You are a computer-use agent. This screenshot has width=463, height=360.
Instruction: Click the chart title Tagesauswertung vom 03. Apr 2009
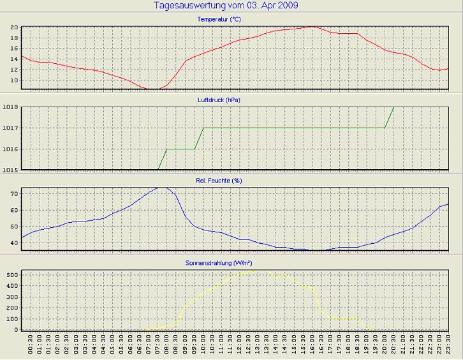pos(226,6)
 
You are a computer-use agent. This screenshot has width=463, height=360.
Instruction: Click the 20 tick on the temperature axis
pos(13,27)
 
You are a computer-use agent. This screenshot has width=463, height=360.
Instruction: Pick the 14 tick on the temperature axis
pos(13,59)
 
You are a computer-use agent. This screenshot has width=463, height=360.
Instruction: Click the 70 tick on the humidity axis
pos(13,193)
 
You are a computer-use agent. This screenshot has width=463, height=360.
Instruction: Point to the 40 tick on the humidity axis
pos(13,243)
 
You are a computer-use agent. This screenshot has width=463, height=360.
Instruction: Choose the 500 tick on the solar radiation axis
pos(11,274)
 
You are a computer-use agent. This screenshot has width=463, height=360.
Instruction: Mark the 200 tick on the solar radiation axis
pos(11,308)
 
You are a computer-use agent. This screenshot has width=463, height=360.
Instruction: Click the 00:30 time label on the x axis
pos(31,348)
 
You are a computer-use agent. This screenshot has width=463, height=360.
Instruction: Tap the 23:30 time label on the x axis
pos(447,348)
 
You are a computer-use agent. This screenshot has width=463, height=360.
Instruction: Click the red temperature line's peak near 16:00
pos(312,26)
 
